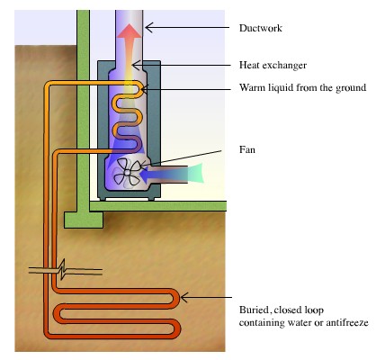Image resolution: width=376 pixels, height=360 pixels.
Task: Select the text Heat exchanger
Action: (274, 66)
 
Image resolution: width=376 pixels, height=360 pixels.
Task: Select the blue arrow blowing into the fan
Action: (166, 170)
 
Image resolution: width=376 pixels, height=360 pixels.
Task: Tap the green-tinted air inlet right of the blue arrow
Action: (201, 170)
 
